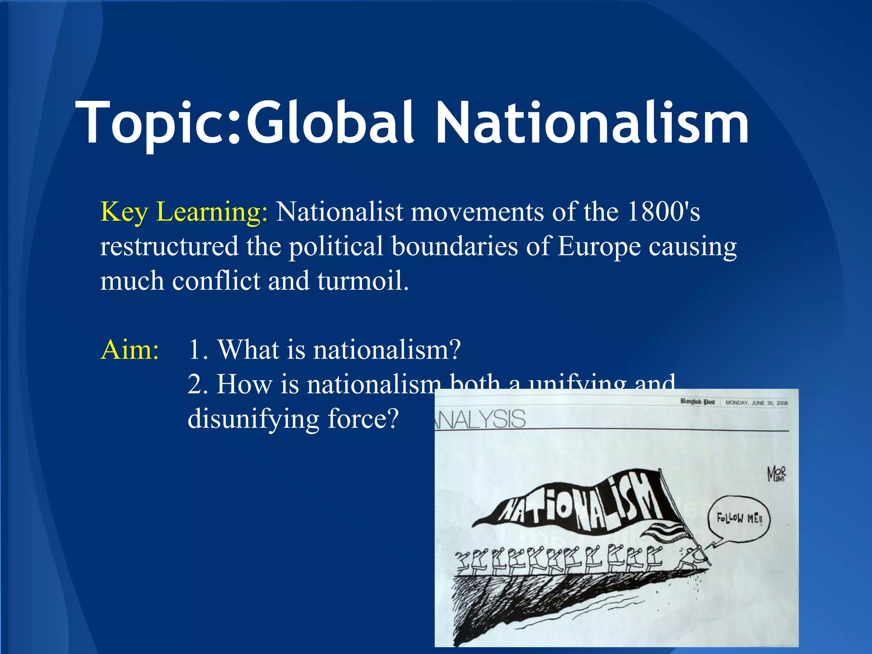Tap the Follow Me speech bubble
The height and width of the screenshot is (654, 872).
739,519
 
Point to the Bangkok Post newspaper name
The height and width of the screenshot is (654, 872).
697,402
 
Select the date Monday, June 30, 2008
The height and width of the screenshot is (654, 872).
756,402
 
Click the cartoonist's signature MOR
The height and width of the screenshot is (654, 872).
777,473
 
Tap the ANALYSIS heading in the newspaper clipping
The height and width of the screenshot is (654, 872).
481,419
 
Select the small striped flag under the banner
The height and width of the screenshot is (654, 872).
662,532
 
